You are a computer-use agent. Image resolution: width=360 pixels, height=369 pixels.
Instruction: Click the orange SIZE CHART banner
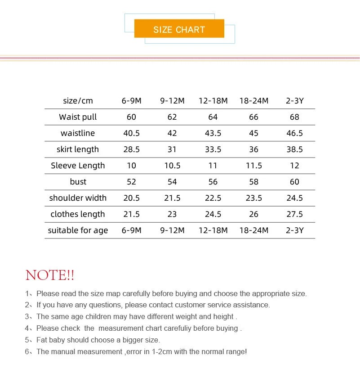click(179, 30)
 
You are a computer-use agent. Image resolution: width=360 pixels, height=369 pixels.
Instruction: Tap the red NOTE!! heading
click(50, 275)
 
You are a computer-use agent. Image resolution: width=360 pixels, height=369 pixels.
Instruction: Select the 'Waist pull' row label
click(78, 117)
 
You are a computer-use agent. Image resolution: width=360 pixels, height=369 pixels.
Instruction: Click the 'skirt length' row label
click(78, 149)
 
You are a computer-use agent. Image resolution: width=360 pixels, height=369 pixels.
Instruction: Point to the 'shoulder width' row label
click(78, 198)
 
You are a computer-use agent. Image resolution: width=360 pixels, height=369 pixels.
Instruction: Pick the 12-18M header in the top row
click(213, 101)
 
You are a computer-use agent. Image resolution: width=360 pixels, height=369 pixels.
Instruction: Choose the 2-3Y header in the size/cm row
click(295, 101)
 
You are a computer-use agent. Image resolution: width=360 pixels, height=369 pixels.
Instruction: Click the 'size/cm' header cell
click(78, 101)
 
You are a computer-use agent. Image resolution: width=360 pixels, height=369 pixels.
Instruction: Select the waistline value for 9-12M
click(172, 133)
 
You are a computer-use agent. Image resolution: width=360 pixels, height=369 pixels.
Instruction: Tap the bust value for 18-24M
click(254, 182)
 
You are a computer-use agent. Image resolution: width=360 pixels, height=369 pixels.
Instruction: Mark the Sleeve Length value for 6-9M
click(131, 166)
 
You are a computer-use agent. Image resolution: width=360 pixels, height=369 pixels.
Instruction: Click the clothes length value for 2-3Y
click(295, 214)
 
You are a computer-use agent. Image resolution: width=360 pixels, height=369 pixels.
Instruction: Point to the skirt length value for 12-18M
click(213, 149)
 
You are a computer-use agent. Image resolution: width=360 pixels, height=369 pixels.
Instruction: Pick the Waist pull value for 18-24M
click(254, 117)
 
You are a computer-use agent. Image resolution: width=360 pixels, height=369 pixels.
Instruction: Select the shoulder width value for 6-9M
click(131, 198)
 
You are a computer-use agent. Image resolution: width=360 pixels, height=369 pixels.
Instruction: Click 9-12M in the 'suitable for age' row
click(172, 230)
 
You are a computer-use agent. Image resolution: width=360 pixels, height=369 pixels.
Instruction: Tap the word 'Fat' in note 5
click(42, 340)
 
